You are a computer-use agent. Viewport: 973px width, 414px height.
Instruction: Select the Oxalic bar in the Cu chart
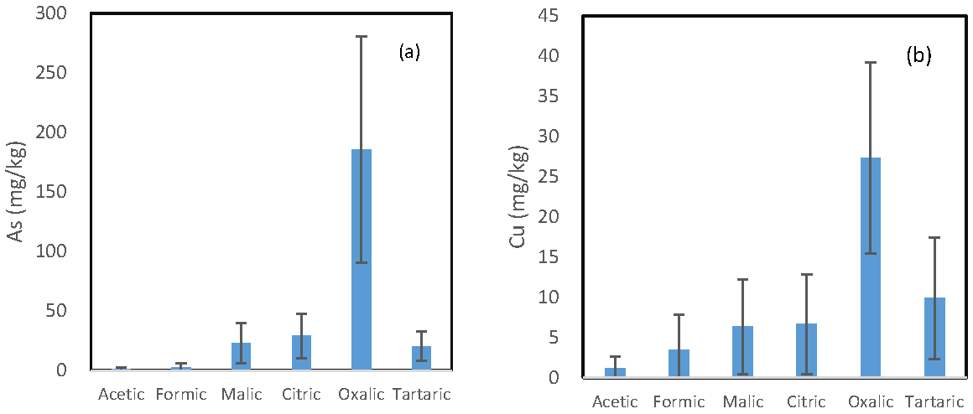click(x=871, y=268)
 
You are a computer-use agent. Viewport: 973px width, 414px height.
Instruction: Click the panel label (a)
click(x=409, y=53)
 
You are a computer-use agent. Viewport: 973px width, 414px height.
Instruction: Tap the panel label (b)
click(x=918, y=57)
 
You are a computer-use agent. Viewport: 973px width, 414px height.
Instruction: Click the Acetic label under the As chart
click(x=122, y=394)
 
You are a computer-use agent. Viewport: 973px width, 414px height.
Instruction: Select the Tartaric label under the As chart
click(x=422, y=394)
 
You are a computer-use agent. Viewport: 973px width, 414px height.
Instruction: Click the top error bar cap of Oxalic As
click(x=362, y=37)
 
